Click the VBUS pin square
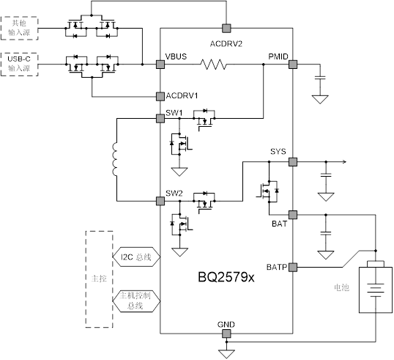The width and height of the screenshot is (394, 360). pyautogui.click(x=160, y=65)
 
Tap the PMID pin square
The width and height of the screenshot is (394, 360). pyautogui.click(x=293, y=65)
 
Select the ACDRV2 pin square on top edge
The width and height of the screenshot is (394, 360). pyautogui.click(x=226, y=29)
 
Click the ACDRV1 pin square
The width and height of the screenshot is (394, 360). pyautogui.click(x=160, y=96)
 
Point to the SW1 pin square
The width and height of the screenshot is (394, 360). pyautogui.click(x=160, y=118)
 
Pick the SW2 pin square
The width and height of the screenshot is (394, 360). pyautogui.click(x=160, y=201)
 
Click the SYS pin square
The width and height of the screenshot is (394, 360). pyautogui.click(x=293, y=162)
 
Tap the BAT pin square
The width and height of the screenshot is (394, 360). pyautogui.click(x=293, y=215)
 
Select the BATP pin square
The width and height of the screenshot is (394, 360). pyautogui.click(x=293, y=267)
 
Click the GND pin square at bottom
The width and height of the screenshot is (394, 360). pyautogui.click(x=226, y=334)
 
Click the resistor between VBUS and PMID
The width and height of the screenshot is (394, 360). pyautogui.click(x=213, y=65)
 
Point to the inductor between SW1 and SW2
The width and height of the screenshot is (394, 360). pyautogui.click(x=114, y=159)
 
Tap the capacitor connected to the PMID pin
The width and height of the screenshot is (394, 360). pyautogui.click(x=320, y=77)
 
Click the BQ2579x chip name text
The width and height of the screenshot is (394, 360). pyautogui.click(x=226, y=277)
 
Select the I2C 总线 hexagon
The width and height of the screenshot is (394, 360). pyautogui.click(x=136, y=257)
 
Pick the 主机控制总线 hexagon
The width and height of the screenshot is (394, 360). pyautogui.click(x=136, y=301)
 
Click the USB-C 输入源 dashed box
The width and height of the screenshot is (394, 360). pyautogui.click(x=19, y=65)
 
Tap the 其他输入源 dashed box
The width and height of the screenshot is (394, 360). pyautogui.click(x=19, y=28)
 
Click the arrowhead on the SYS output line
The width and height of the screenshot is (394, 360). pyautogui.click(x=344, y=162)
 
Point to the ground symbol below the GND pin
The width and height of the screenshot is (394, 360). pyautogui.click(x=226, y=354)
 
